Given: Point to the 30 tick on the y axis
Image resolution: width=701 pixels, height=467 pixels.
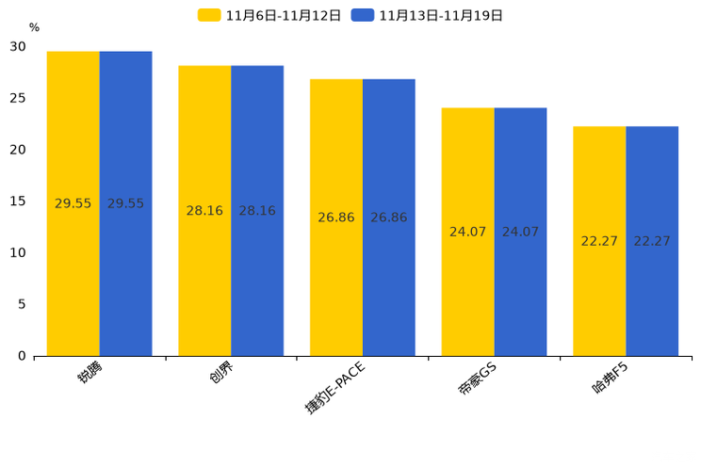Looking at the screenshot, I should coord(18,47).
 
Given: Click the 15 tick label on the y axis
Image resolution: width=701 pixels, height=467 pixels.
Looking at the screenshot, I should coord(18,201).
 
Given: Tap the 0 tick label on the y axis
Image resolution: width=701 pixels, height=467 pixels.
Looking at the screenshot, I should coord(22,356).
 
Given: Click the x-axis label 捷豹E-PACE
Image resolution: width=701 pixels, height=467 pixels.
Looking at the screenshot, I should coord(334,387).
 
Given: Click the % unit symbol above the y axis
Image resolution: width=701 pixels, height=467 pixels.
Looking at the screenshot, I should coord(34,28).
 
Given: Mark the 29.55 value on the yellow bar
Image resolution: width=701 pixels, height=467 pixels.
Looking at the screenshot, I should coord(73,203).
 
